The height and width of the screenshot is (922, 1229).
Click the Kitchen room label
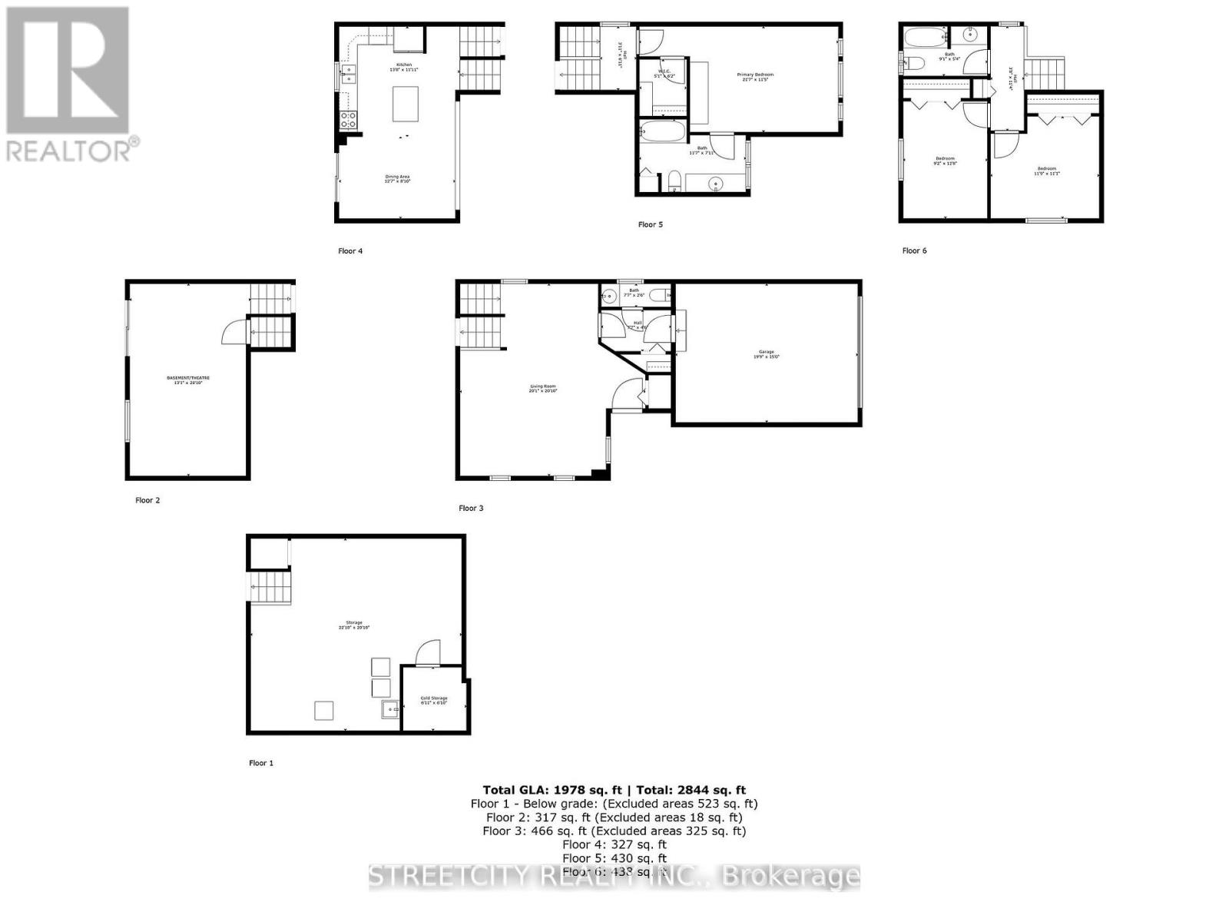(x=404, y=66)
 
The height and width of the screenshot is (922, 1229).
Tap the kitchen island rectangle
(x=406, y=104)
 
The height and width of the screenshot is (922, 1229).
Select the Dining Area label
(x=398, y=178)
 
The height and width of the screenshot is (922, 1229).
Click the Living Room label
(x=542, y=388)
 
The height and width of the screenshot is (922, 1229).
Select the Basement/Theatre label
(x=188, y=380)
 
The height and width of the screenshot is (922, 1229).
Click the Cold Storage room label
(x=433, y=700)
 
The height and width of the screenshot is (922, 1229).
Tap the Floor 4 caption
(x=350, y=250)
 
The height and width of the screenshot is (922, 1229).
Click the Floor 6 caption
(x=914, y=250)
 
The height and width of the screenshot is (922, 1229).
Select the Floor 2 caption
(x=147, y=500)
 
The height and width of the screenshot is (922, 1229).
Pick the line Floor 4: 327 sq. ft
(x=614, y=844)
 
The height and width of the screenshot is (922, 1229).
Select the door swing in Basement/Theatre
(x=234, y=332)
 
